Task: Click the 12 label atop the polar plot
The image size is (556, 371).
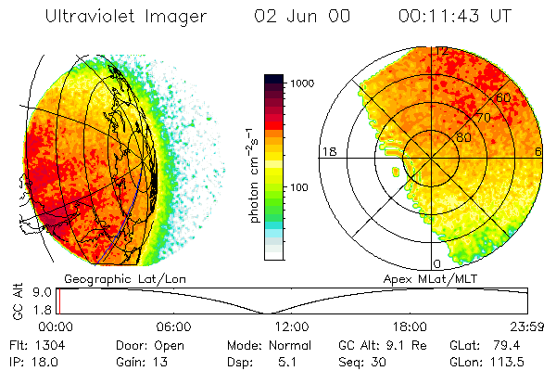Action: (442, 50)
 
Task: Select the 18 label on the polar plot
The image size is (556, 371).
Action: (327, 151)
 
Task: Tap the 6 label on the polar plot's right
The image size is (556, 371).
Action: (538, 151)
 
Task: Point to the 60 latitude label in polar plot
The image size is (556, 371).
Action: (504, 97)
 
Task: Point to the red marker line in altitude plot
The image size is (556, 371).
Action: (58, 301)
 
